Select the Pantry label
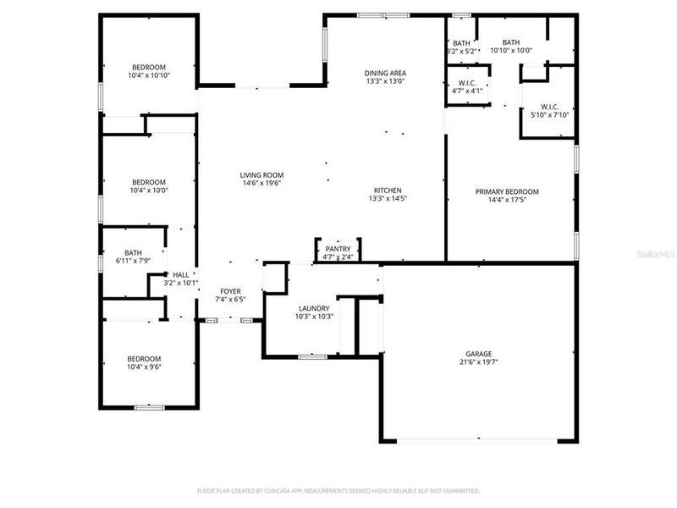pos(338,248)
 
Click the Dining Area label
pos(385,73)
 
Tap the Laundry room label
pos(313,308)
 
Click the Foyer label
pos(231,290)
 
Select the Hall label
pos(180,274)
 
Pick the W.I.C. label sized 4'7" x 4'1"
pos(465,82)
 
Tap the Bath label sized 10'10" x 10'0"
pos(511,42)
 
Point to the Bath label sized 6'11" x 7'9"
pos(133,251)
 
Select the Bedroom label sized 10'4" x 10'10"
pos(148,67)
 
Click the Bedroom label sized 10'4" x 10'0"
pos(148,181)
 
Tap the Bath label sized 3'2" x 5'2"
pos(461,42)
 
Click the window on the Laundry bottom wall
pos(312,356)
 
